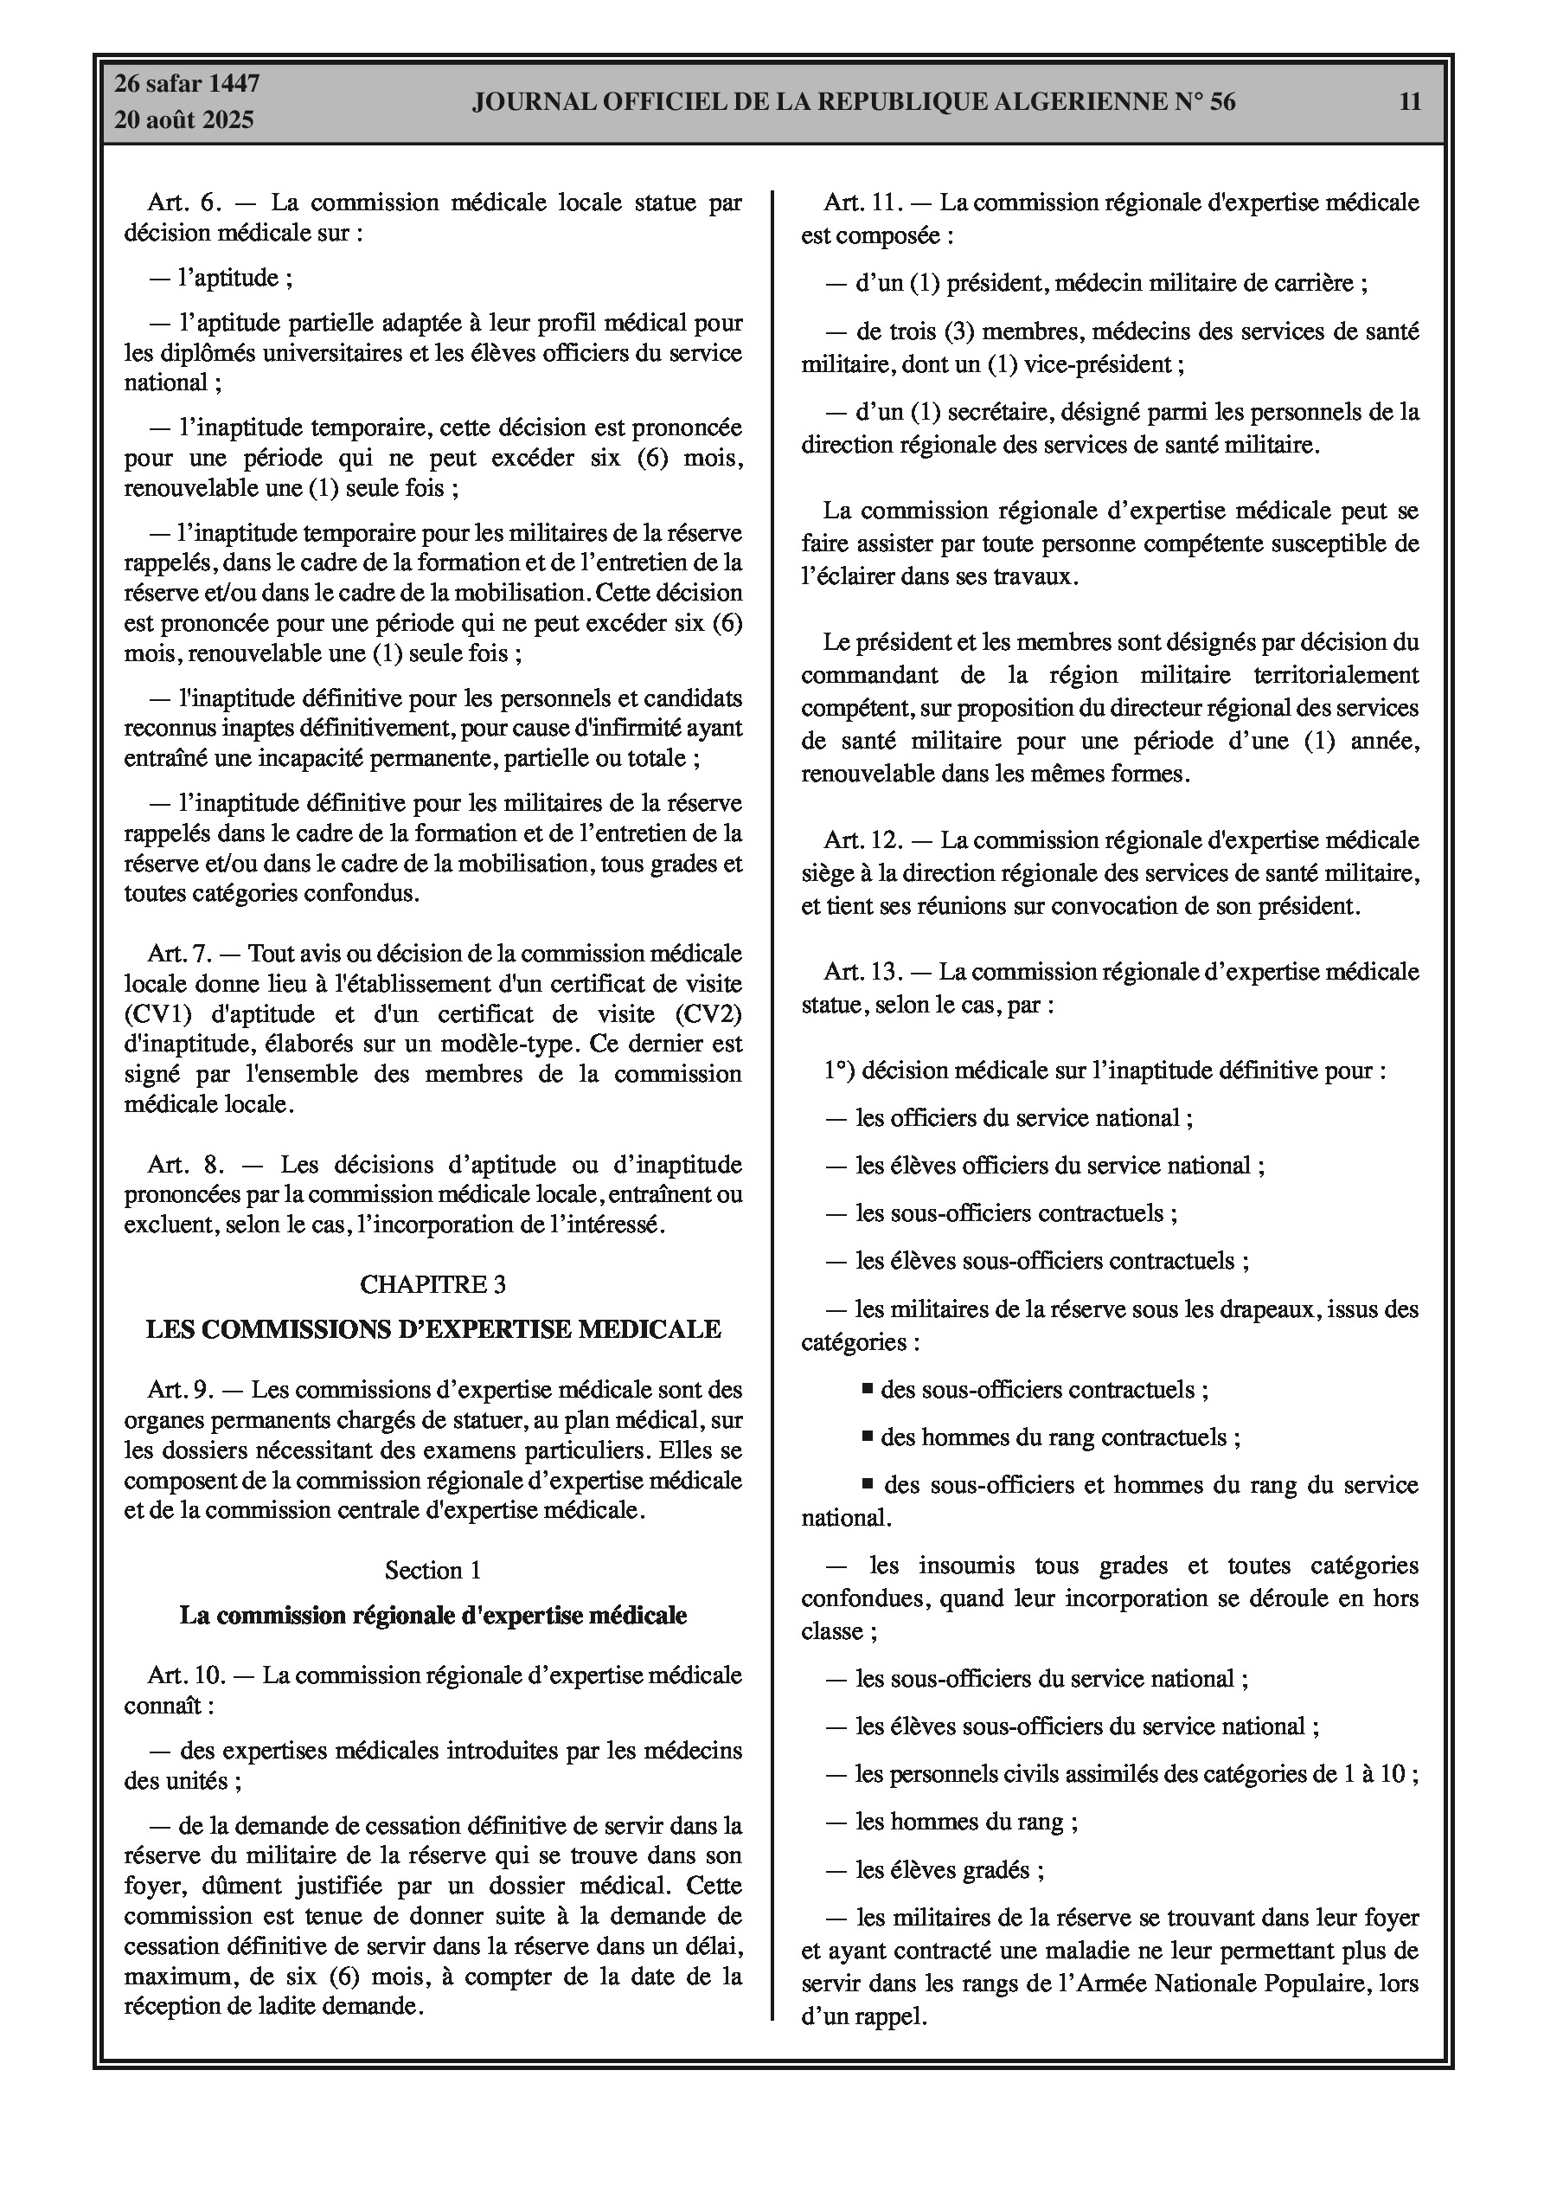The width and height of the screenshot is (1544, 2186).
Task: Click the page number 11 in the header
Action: (1410, 102)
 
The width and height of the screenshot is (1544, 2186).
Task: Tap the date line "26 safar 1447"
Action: (187, 84)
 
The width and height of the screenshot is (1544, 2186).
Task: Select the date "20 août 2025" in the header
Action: (183, 120)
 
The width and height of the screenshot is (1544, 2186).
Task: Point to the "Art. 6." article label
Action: (184, 203)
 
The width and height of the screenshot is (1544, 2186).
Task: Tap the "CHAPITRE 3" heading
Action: (433, 1284)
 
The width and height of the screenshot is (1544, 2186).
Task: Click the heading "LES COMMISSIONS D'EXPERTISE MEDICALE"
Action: (433, 1329)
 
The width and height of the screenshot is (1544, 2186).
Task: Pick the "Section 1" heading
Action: (433, 1570)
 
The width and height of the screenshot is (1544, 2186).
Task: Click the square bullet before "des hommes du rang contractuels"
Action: (868, 1435)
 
